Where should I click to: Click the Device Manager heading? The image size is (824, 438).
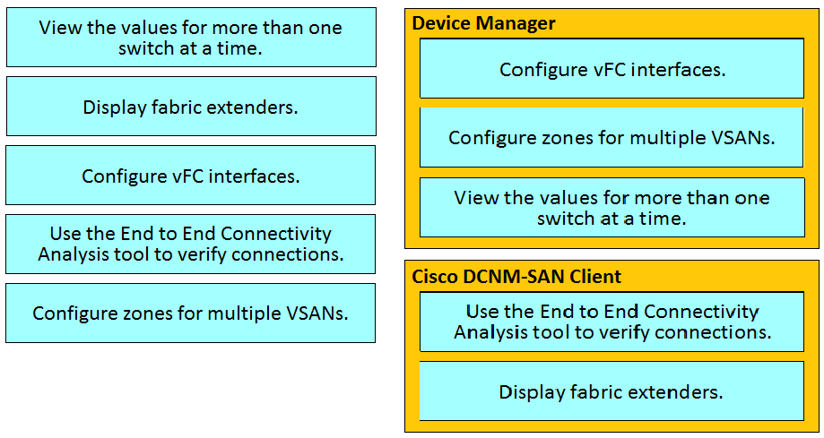(x=483, y=23)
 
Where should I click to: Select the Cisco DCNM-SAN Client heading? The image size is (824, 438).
(x=516, y=276)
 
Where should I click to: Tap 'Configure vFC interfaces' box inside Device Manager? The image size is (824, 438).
(x=611, y=68)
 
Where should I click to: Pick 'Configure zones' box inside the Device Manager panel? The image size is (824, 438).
(x=611, y=137)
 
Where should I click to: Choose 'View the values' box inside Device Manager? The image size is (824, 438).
(x=612, y=208)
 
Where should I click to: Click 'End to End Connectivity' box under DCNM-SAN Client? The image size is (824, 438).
(x=611, y=322)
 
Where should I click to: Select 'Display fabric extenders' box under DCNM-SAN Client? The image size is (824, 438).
(x=611, y=391)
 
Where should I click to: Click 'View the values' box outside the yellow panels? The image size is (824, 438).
(x=191, y=38)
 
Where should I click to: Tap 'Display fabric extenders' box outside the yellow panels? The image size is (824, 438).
(x=191, y=106)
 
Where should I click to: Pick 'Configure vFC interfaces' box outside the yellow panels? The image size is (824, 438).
(x=191, y=175)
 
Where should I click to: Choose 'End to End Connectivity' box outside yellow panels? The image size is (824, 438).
(x=191, y=244)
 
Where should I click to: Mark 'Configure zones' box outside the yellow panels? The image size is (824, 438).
(x=191, y=313)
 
